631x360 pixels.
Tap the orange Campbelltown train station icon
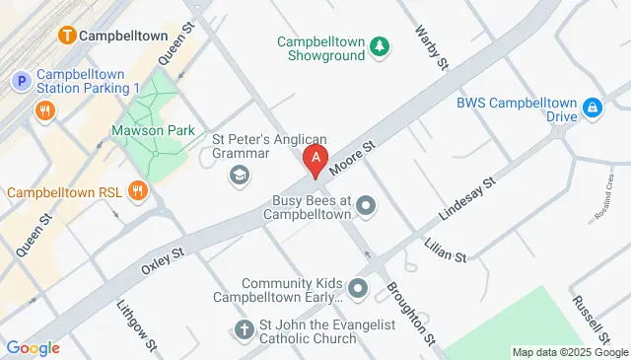coord(67,36)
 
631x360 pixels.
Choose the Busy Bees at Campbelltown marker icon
coord(367,206)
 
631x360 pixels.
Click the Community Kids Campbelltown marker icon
coord(357,289)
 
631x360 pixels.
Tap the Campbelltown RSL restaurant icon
coord(137,190)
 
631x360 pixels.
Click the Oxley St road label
coord(164,259)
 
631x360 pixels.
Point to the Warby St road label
coord(433,47)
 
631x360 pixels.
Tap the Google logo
coord(33,347)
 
